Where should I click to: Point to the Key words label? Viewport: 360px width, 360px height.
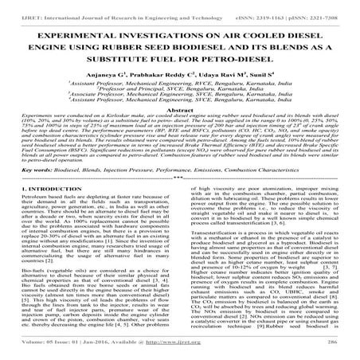[29, 192]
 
